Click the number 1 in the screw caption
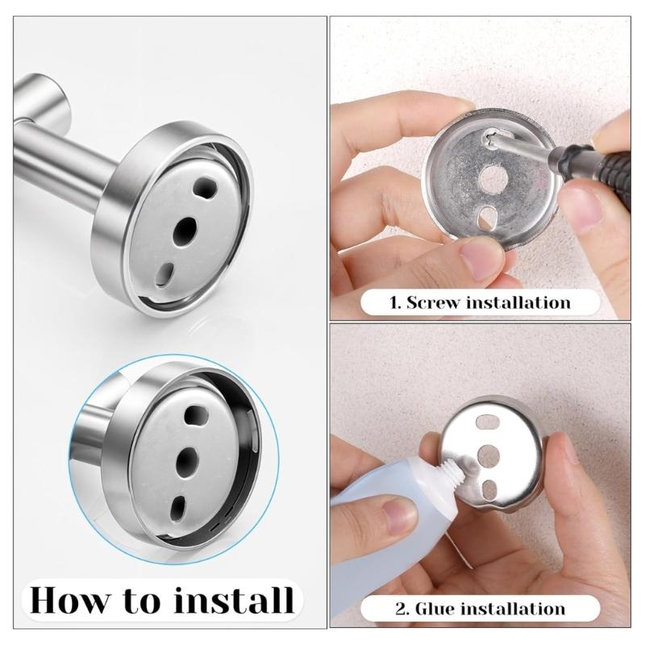click(x=394, y=303)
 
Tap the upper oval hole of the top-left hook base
click(x=205, y=190)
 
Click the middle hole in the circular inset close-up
click(x=188, y=460)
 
